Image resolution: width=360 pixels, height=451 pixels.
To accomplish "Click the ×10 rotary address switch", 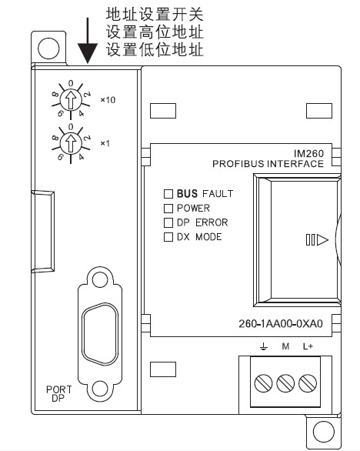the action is (71, 100).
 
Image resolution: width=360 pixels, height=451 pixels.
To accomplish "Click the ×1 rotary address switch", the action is (71, 143).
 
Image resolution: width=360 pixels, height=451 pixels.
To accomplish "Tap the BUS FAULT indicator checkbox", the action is (168, 194).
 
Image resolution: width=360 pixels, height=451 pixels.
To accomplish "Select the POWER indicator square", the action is (168, 209).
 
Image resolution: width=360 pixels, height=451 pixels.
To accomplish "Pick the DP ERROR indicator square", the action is (168, 222).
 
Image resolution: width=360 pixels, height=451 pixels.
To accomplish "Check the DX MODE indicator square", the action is (168, 237).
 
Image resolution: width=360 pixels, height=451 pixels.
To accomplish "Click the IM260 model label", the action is (308, 153).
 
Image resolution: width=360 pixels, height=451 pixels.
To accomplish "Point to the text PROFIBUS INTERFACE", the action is (268, 164).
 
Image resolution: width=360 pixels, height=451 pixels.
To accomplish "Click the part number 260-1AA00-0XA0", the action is (281, 323).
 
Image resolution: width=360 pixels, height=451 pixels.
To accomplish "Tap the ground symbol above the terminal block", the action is (264, 346).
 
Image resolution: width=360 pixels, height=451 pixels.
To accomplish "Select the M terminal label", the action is (285, 346).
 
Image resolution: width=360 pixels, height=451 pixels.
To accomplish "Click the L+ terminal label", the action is (308, 346).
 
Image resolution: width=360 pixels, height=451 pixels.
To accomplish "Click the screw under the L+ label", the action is (308, 383).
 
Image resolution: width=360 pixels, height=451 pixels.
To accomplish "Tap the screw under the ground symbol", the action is (263, 383).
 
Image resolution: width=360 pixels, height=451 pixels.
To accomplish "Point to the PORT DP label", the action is (58, 394).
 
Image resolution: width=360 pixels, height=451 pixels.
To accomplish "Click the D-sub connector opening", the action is (100, 334).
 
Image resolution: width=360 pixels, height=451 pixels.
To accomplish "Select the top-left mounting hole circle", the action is (48, 48).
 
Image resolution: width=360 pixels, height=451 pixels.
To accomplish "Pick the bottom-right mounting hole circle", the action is (323, 432).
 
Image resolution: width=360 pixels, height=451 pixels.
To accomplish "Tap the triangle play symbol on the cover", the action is (322, 239).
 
